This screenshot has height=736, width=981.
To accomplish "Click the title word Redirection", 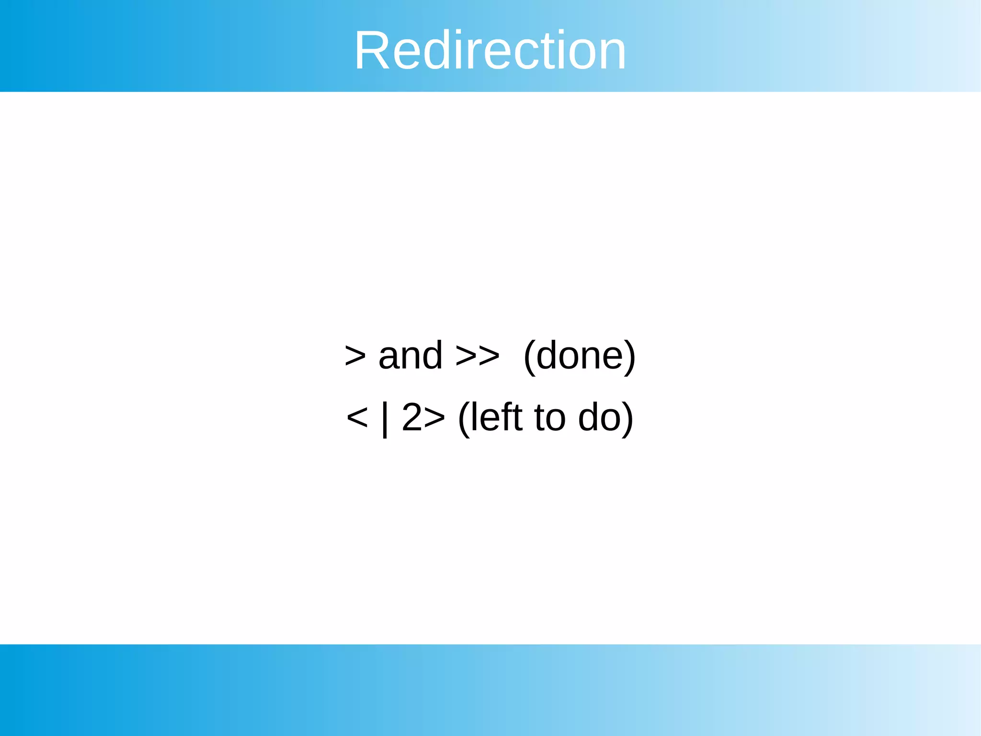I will [490, 50].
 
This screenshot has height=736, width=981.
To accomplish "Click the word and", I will [411, 356].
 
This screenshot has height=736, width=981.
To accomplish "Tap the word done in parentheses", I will [579, 356].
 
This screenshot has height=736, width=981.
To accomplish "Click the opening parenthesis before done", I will [529, 357].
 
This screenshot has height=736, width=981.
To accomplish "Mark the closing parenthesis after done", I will [630, 357].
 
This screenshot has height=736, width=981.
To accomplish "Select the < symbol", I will [357, 418].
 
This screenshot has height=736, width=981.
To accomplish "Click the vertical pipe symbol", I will [385, 419].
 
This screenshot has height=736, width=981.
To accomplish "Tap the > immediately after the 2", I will [434, 418].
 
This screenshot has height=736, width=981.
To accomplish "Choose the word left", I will [496, 417].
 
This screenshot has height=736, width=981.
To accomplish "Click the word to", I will [550, 418].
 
